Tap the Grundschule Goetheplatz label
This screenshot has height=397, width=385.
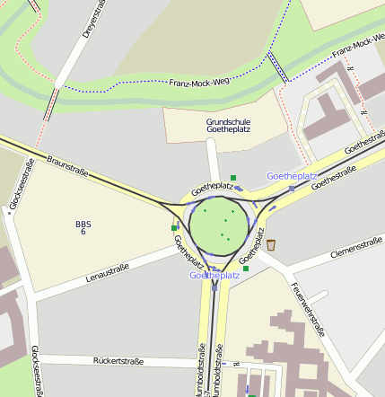coord(229,125)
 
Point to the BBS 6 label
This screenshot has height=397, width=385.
coord(83,227)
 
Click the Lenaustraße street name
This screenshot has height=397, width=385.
coord(108,272)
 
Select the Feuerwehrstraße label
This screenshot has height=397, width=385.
coord(307,310)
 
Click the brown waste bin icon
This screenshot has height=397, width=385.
coord(271,243)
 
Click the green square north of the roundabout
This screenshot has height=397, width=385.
coord(233,178)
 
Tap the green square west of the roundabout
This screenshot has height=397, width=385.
coord(174,228)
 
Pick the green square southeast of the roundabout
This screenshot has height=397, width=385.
coord(245,268)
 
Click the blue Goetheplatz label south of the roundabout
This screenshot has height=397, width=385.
coord(214,275)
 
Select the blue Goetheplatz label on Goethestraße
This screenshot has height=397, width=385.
coord(292,176)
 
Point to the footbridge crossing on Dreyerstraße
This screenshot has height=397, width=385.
coord(52,102)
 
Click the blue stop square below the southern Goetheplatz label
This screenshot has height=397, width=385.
coord(215,287)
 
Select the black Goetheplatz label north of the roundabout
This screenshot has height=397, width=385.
coord(212,186)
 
